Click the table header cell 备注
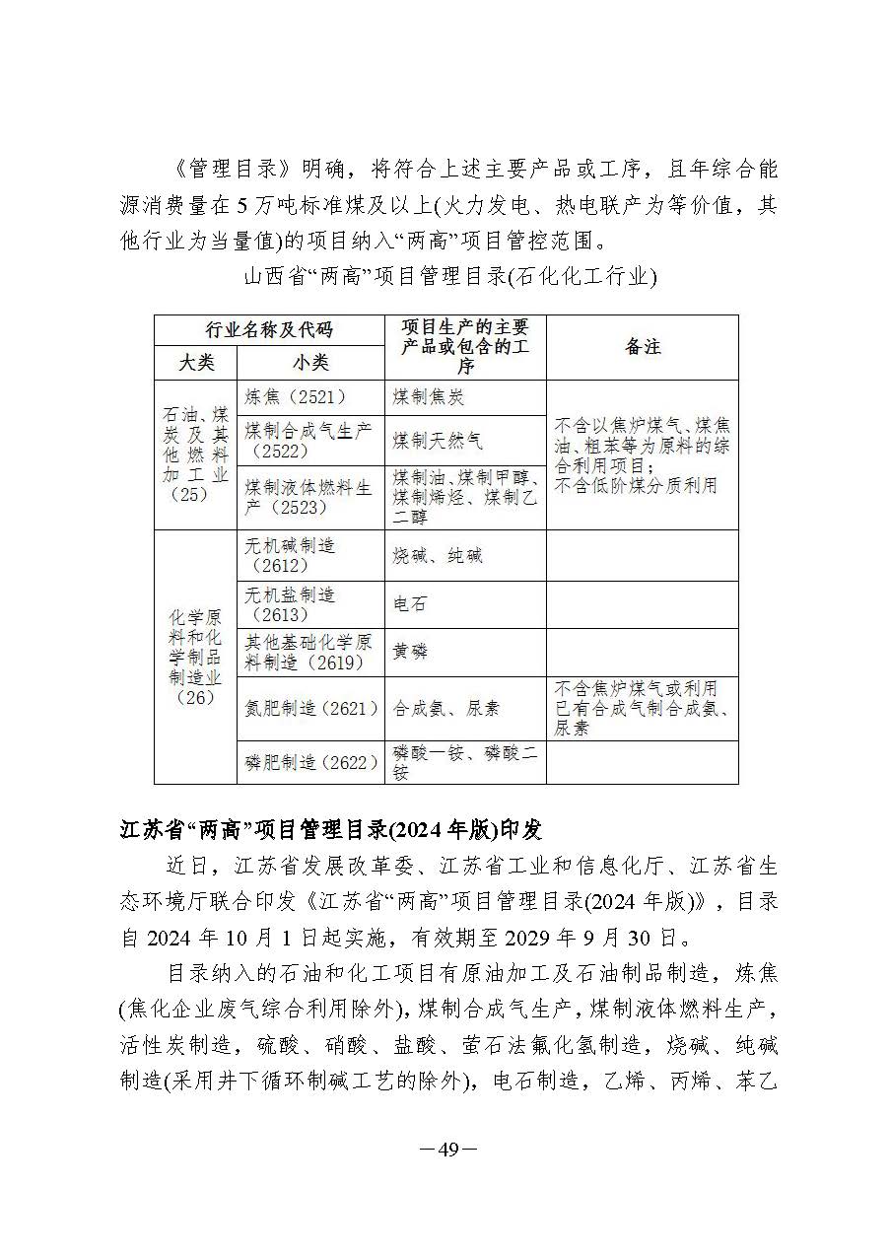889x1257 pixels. click(643, 347)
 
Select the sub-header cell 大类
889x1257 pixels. click(196, 363)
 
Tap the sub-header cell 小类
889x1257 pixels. click(310, 363)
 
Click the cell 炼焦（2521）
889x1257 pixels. click(296, 397)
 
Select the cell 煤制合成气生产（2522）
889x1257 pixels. click(308, 440)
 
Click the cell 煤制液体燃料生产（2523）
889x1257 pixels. click(308, 497)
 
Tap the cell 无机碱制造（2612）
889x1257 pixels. click(291, 555)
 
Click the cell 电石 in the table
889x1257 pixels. click(410, 604)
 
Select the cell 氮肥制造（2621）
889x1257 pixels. click(311, 708)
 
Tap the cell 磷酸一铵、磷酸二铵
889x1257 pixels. click(465, 762)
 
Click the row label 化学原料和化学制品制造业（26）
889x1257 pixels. click(195, 657)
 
